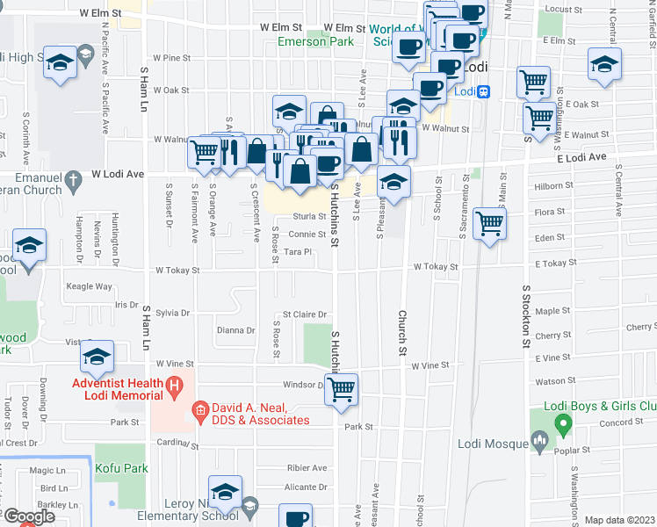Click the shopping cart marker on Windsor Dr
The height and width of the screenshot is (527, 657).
[x=342, y=387]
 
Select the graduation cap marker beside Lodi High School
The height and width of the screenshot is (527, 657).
[x=61, y=62]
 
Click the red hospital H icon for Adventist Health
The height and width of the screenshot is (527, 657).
[x=175, y=384]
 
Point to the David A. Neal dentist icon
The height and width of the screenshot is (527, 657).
[x=200, y=408]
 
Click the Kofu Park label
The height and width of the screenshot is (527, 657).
[x=119, y=448]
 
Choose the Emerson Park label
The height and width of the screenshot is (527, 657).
[x=316, y=41]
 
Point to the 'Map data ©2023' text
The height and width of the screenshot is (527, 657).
[x=619, y=520]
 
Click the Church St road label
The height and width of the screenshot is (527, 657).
[x=403, y=333]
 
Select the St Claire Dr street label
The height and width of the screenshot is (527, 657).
[x=304, y=314]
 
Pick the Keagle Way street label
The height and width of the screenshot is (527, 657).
[x=89, y=286]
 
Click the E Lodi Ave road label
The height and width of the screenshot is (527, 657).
[x=581, y=157]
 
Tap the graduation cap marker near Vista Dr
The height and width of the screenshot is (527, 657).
[x=97, y=355]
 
